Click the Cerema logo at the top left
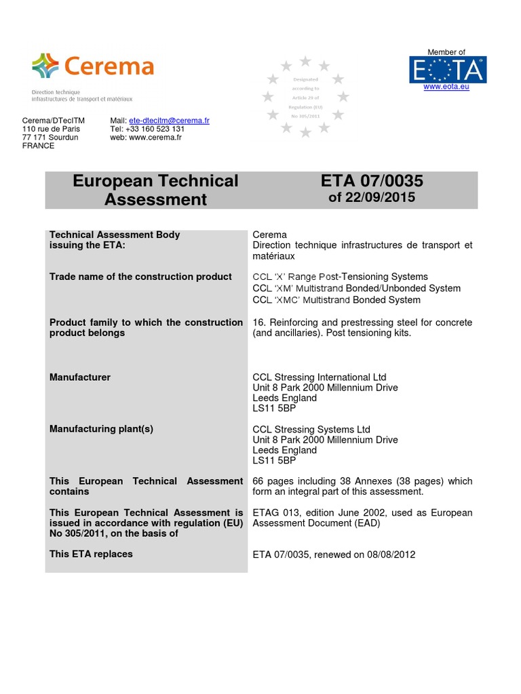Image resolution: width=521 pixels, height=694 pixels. point(93,66)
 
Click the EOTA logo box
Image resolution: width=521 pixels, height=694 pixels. point(447,70)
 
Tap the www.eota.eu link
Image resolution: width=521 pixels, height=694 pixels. point(446,87)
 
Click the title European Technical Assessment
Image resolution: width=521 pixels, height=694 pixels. point(155,190)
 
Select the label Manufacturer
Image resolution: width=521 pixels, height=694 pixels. point(80,377)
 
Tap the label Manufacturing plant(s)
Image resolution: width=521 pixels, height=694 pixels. point(96,430)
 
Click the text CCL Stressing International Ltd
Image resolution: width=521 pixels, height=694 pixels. point(320,377)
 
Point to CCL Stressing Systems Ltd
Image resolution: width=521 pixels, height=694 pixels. point(311,430)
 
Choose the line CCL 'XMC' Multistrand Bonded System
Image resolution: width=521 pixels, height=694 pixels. point(336,300)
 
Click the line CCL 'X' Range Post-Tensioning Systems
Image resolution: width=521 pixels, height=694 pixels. point(340,277)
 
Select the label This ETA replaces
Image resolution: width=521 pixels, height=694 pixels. point(92,554)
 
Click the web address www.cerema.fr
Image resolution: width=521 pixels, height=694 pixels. point(155,138)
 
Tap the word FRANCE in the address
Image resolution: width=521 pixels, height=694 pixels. point(39,146)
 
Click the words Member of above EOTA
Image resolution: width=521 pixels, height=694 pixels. point(446,52)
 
